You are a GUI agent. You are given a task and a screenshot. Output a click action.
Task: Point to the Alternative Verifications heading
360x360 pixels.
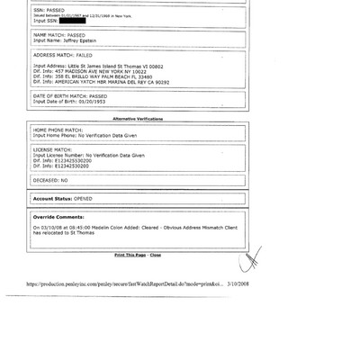[138, 119]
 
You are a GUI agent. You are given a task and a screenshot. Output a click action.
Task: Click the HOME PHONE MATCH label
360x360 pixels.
[54, 130]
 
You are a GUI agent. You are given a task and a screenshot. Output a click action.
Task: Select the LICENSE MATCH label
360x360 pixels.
[52, 149]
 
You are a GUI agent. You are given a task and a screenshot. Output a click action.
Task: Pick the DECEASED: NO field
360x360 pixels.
[50, 180]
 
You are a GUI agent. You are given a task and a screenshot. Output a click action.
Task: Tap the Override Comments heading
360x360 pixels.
[58, 217]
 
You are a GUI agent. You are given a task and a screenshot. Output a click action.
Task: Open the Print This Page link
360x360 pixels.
[130, 255]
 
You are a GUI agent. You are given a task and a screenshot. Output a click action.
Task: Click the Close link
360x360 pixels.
[156, 255]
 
